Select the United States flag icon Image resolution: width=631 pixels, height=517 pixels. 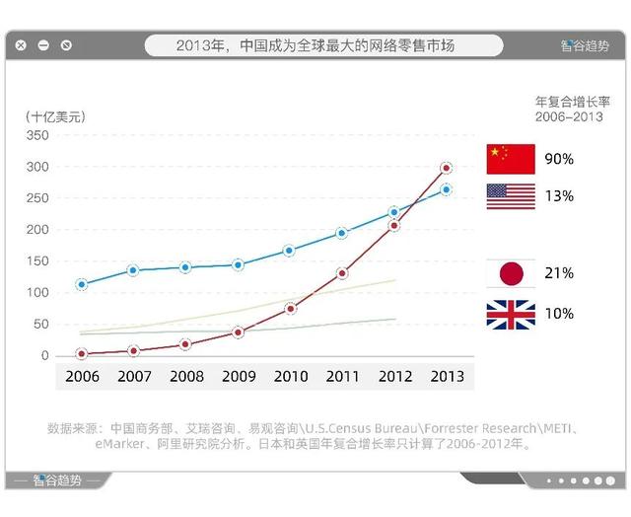tap(511, 195)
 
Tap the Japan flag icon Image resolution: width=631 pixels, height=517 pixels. tap(511, 273)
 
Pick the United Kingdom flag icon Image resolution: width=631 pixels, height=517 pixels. tap(511, 314)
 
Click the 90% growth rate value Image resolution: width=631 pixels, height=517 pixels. tap(559, 159)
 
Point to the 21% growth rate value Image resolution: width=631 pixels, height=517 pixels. tap(559, 273)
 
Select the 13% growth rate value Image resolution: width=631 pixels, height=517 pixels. tap(559, 195)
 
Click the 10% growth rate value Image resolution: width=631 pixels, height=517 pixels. tap(559, 314)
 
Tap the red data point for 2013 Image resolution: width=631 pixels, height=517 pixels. tap(446, 168)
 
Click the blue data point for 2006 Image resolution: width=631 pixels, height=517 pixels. tap(82, 284)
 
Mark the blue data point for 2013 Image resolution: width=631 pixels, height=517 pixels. tap(446, 189)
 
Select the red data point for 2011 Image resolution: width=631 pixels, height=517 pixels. tap(342, 273)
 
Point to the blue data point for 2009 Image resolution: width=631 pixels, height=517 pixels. tap(238, 264)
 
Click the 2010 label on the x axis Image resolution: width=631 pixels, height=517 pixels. tap(290, 376)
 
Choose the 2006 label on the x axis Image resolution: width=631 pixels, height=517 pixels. tap(82, 376)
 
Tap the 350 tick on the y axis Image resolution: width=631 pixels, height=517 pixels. tap(37, 135)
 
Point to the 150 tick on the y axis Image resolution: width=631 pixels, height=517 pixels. tap(37, 261)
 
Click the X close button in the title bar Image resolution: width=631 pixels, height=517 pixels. tap(21, 45)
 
